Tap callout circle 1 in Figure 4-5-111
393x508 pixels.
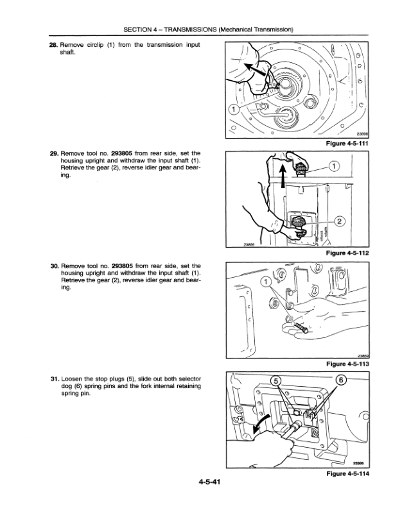click(236, 108)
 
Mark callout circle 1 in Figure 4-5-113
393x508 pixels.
click(265, 282)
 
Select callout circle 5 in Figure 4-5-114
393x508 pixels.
click(276, 382)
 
